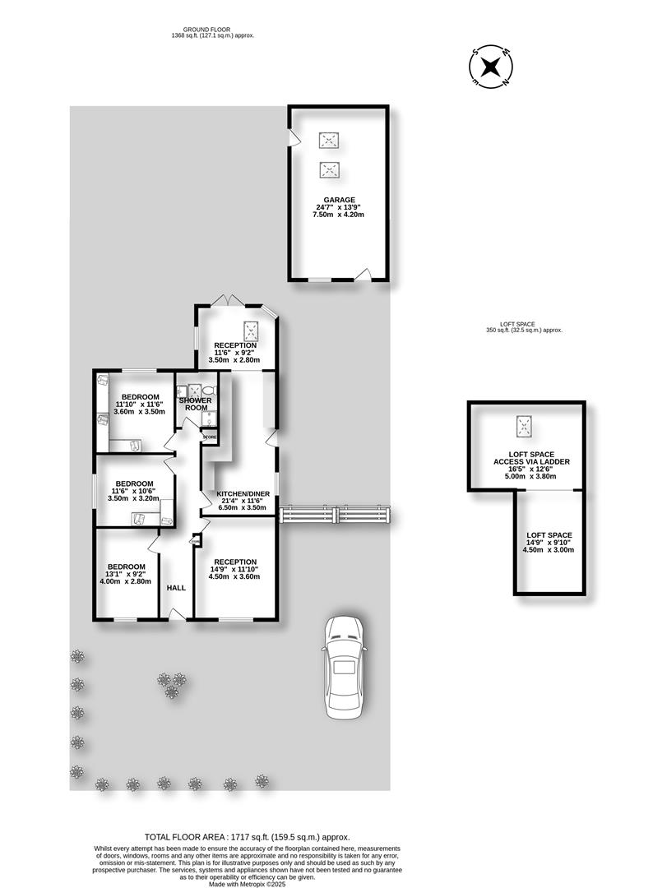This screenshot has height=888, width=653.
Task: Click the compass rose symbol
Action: click(x=490, y=67)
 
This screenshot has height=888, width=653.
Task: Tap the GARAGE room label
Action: click(x=338, y=200)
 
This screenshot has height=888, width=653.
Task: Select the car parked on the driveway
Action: click(x=344, y=666)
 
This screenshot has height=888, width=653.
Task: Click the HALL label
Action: click(x=176, y=588)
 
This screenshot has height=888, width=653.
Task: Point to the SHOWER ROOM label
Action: click(x=195, y=404)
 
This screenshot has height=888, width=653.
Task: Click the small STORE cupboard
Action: click(x=210, y=437)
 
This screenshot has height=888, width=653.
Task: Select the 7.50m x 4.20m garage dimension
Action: click(x=338, y=215)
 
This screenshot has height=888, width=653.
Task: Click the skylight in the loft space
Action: click(x=524, y=427)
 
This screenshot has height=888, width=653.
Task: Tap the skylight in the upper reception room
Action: click(x=253, y=331)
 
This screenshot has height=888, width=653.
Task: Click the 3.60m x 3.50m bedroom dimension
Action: click(x=139, y=412)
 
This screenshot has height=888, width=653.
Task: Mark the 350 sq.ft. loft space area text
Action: click(x=524, y=331)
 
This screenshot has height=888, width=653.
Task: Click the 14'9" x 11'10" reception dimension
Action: click(x=236, y=569)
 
